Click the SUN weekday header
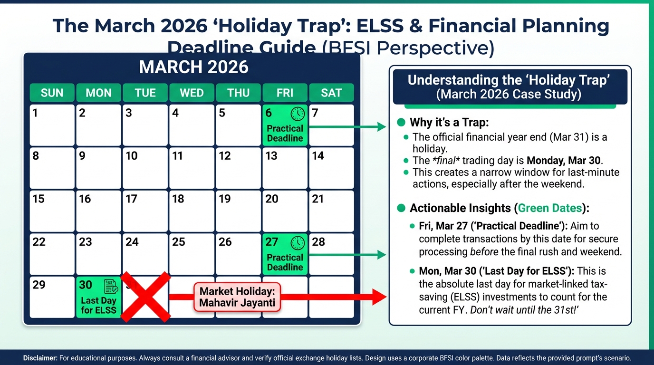tap(52, 93)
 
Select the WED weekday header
tap(192, 93)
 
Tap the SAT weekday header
tap(331, 93)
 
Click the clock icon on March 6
tap(298, 114)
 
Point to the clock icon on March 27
tap(298, 243)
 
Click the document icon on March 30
tap(111, 286)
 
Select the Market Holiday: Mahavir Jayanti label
tap(237, 297)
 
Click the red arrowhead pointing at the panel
tap(379, 297)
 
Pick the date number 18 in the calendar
tap(178, 199)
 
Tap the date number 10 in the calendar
tap(132, 156)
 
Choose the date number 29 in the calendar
tap(39, 285)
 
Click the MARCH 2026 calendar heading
tap(193, 67)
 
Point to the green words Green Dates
tap(550, 208)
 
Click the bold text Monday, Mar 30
tap(564, 160)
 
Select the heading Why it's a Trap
tap(449, 122)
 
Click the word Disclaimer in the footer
tap(40, 358)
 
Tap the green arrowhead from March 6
tap(382, 127)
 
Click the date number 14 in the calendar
tap(318, 156)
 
